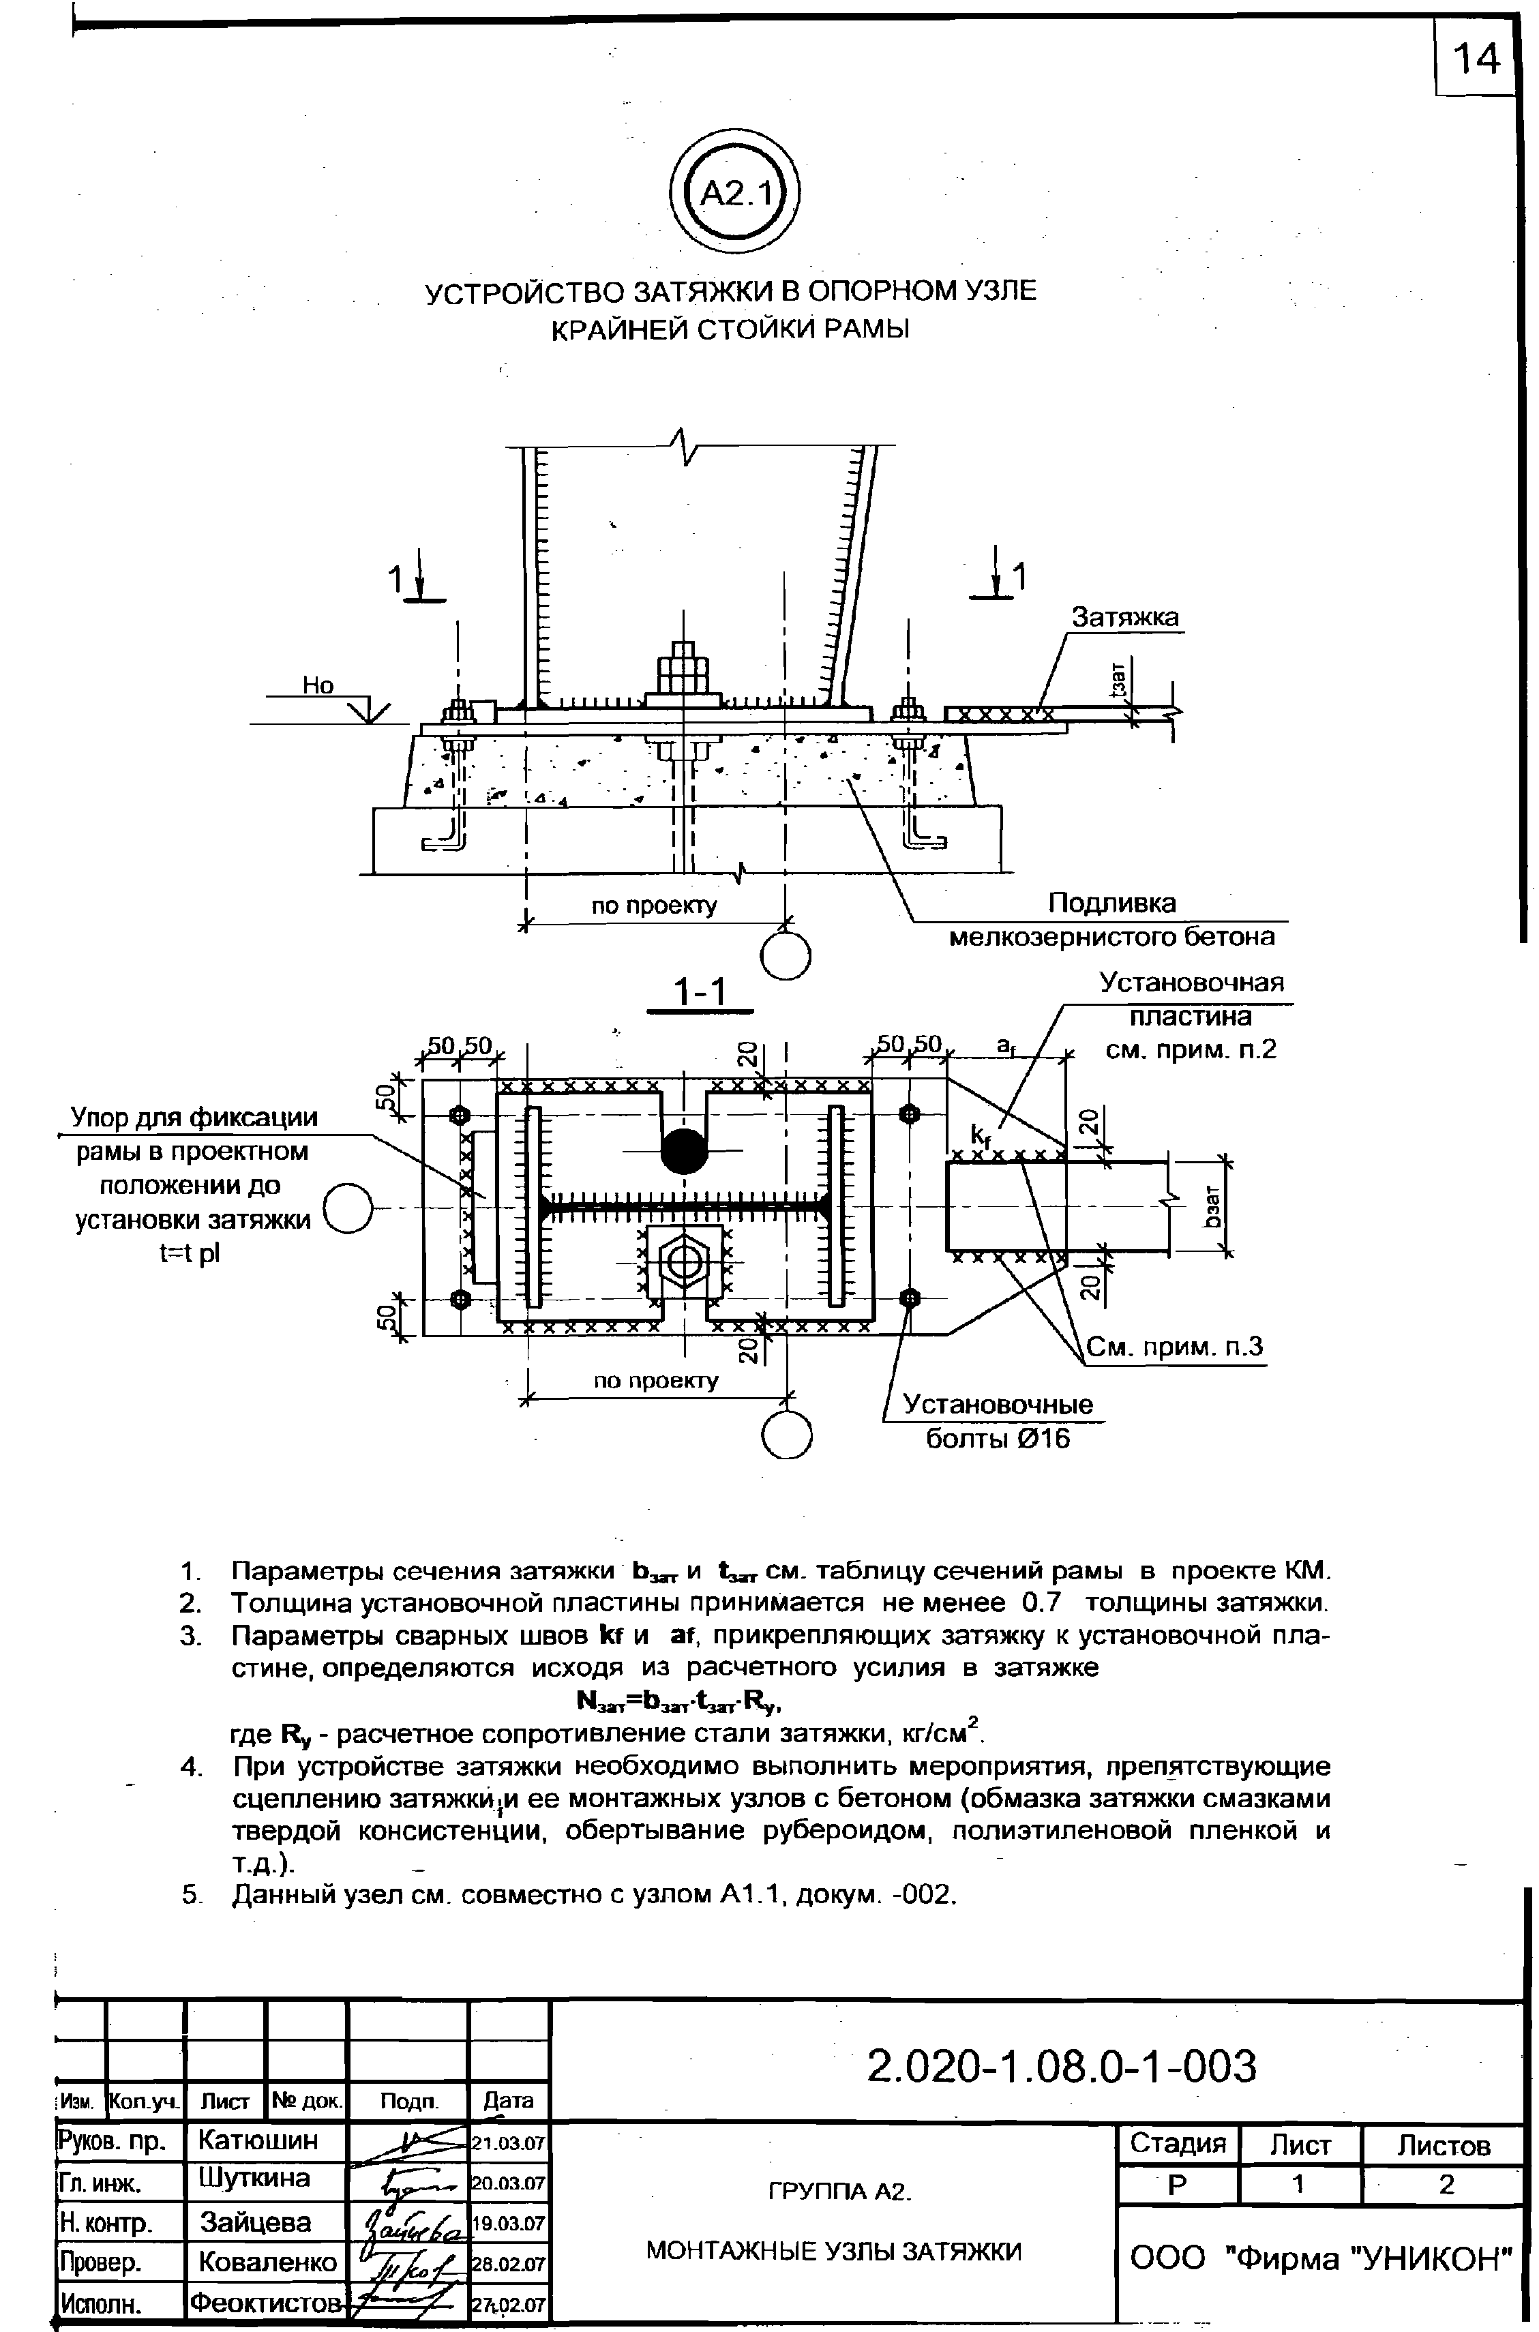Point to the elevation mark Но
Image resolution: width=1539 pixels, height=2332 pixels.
[x=317, y=686]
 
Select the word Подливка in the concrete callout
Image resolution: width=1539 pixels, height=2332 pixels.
[x=1111, y=902]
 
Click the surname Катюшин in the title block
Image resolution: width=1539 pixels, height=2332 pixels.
[x=257, y=2140]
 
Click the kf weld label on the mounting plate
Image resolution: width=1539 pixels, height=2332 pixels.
[x=980, y=1135]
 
